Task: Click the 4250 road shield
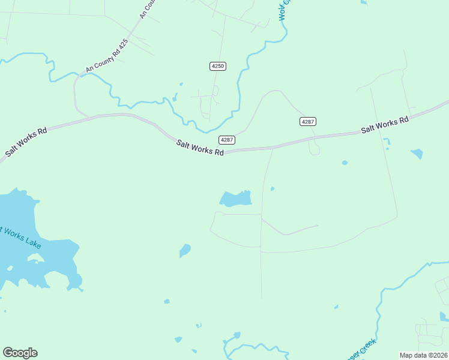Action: [x=218, y=66]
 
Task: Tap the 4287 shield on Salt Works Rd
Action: [x=226, y=140]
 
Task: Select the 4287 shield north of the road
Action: [x=307, y=122]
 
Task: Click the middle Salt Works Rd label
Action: [x=200, y=148]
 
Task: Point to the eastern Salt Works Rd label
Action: [x=384, y=125]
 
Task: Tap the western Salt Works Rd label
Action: [x=26, y=143]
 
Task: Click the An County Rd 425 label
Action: [x=107, y=56]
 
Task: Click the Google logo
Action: [x=20, y=353]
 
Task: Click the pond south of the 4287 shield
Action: [x=236, y=198]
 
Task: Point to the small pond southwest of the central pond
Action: [x=185, y=250]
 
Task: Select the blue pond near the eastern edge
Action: [x=417, y=154]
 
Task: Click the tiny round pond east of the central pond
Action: [x=273, y=189]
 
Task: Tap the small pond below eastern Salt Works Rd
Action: [x=345, y=163]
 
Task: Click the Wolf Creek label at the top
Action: [x=285, y=10]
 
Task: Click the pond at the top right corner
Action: [x=364, y=2]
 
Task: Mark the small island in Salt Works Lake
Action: [x=34, y=259]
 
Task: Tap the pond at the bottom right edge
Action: [x=444, y=316]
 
